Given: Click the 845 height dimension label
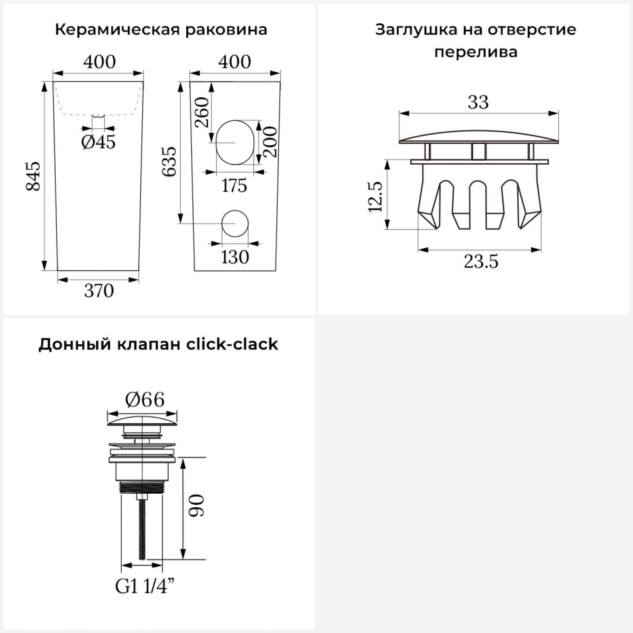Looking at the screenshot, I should (33, 176).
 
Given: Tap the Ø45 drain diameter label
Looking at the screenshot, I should (98, 142).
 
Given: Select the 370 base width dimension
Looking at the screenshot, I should (99, 291).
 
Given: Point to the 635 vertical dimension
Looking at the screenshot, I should (170, 161).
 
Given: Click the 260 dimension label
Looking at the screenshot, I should (203, 112).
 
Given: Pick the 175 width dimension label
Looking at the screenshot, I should (234, 185).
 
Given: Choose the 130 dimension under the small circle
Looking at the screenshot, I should (235, 257).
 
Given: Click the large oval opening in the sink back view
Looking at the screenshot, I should (235, 143).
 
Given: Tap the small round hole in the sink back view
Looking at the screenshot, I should (235, 223).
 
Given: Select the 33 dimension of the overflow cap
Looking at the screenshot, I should (478, 102).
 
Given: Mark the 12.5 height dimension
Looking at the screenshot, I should (375, 197).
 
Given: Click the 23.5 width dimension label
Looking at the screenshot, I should (481, 262).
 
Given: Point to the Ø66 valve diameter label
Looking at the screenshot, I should (145, 399).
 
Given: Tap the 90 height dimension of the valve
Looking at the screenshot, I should (197, 505).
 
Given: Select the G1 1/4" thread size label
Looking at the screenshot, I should (145, 587).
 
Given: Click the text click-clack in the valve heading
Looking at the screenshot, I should (232, 344).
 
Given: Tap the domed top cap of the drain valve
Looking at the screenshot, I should (142, 420).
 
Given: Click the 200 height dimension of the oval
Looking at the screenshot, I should (271, 142).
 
